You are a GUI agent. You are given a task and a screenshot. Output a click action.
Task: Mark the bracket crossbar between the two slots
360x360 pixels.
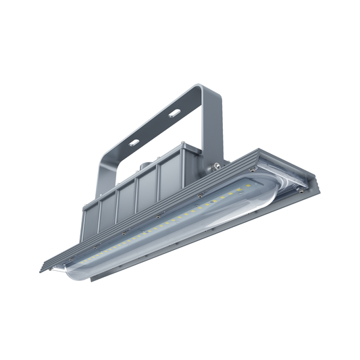tap(155, 126)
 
